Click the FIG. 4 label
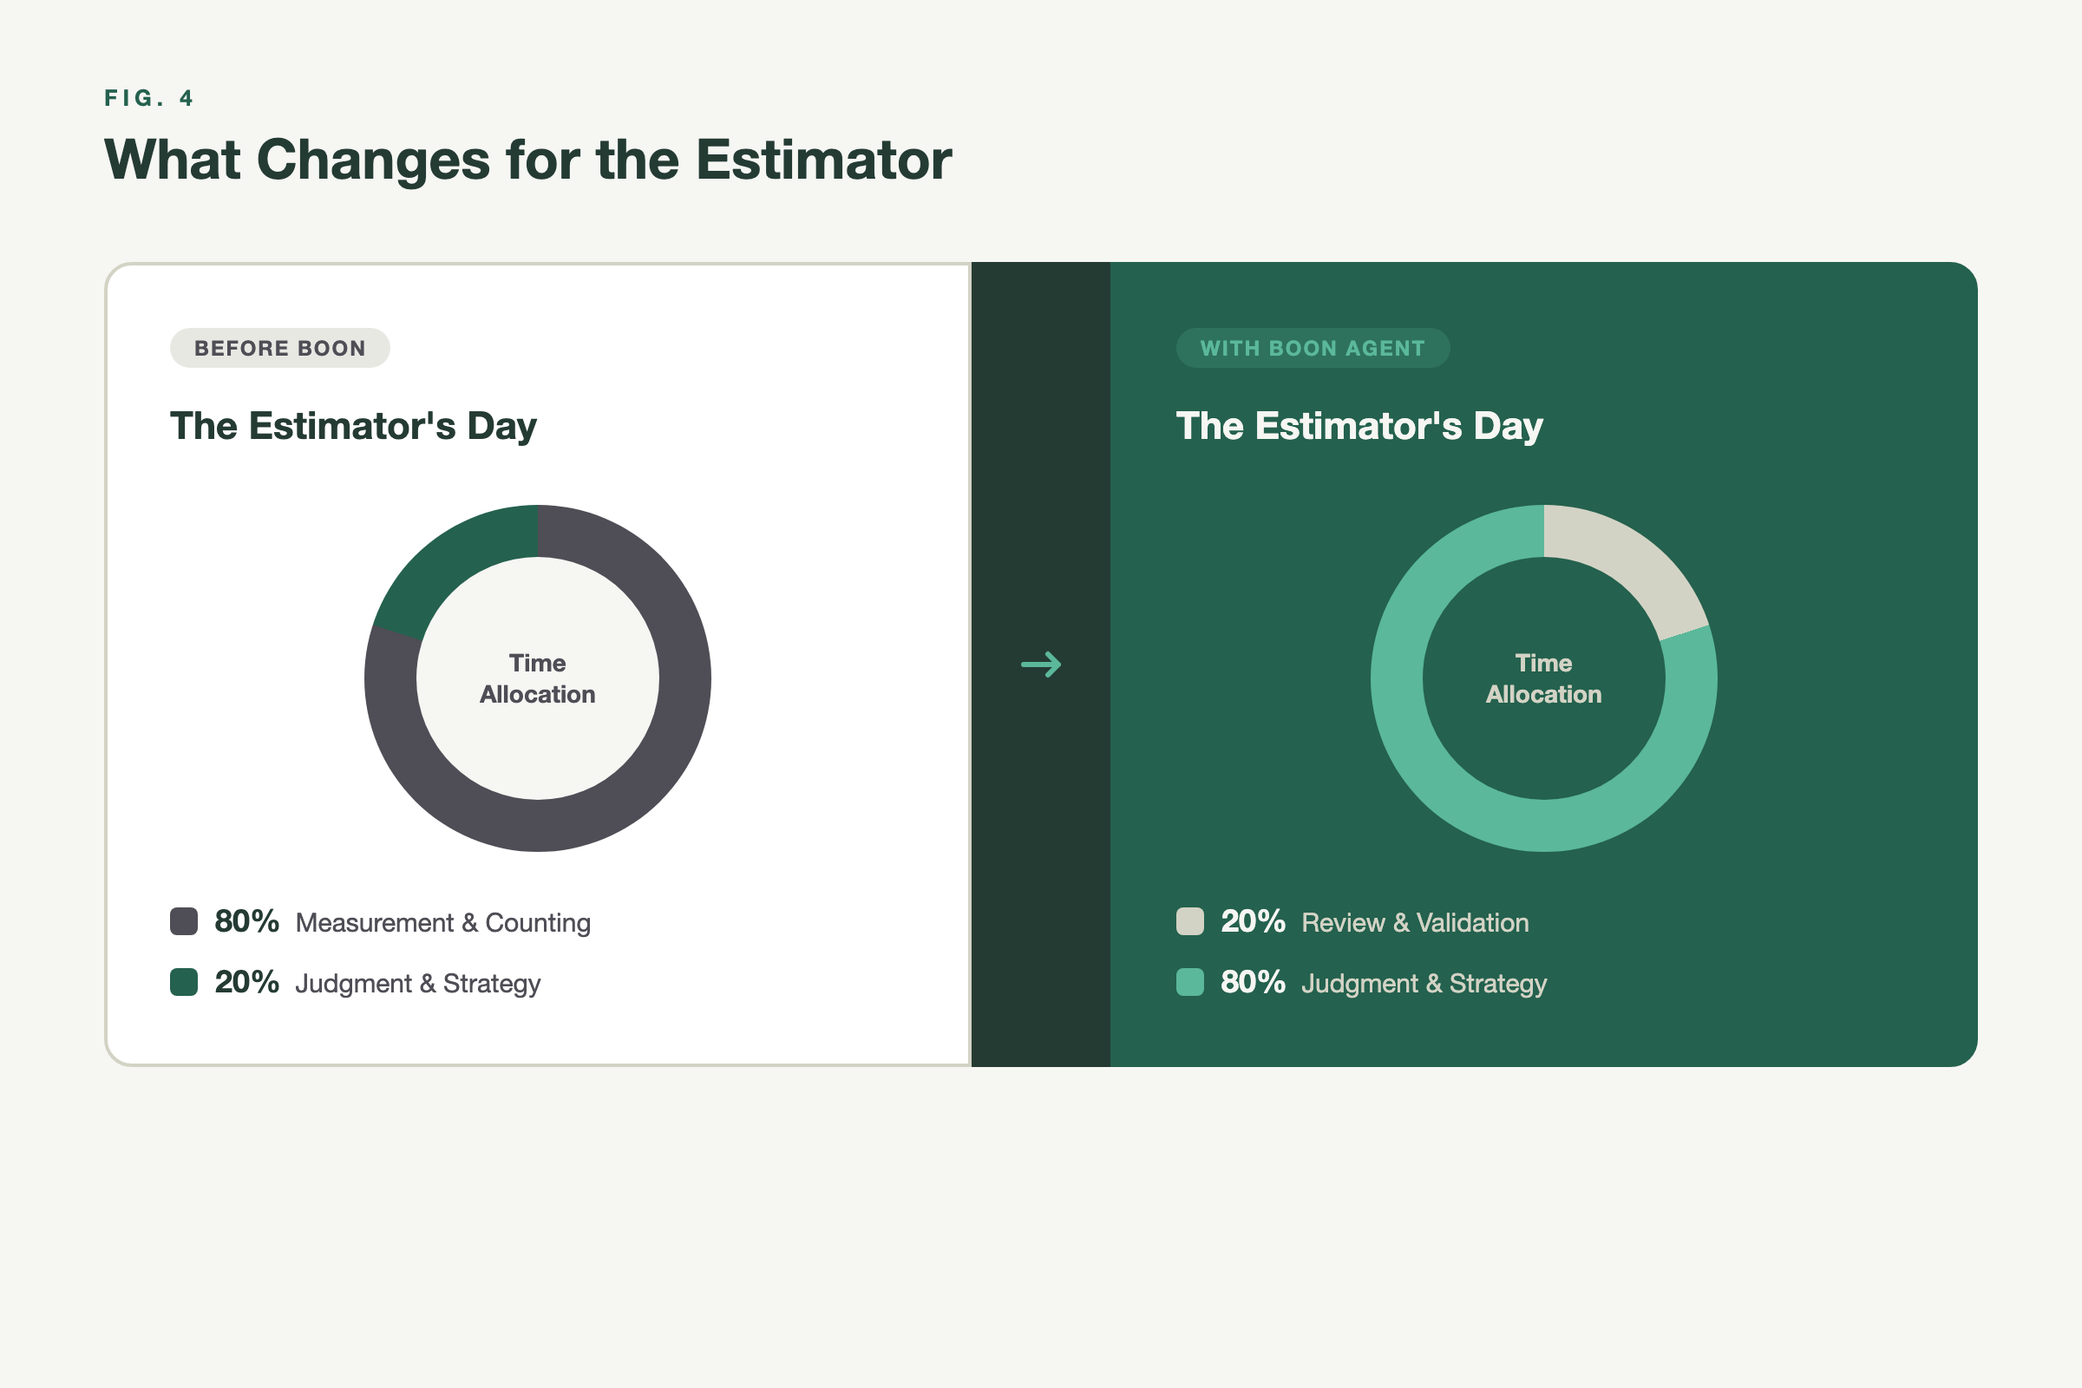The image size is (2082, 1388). click(148, 98)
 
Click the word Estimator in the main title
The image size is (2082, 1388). click(823, 160)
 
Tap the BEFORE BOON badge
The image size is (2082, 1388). click(279, 348)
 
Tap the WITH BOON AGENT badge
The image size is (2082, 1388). click(1312, 348)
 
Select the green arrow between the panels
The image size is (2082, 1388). click(1041, 664)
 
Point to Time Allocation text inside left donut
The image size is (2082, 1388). click(537, 679)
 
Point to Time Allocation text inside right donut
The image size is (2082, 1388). click(1543, 679)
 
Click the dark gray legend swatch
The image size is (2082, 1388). click(184, 921)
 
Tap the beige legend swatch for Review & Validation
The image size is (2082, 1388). click(1189, 921)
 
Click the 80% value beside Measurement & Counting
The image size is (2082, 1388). click(247, 921)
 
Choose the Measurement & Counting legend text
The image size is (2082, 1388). click(442, 923)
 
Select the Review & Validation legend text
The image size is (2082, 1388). click(1415, 923)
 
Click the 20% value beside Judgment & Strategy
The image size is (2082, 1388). click(247, 983)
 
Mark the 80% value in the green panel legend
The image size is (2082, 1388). click(1253, 983)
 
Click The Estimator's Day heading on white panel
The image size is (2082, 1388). click(353, 426)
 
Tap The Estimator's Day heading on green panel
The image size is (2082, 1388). click(1359, 426)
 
